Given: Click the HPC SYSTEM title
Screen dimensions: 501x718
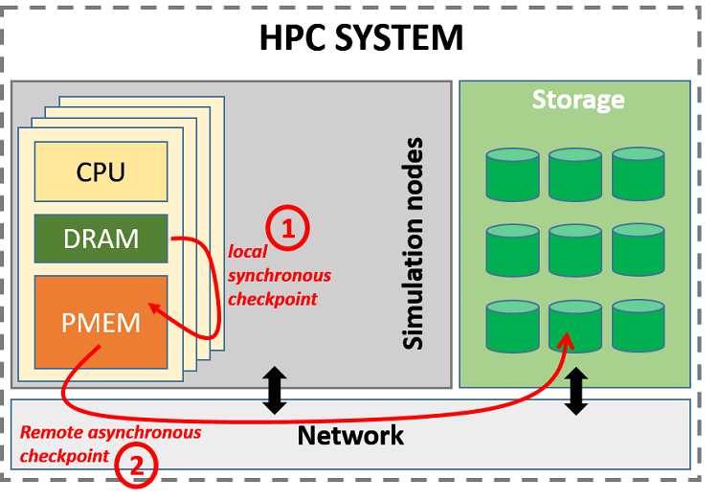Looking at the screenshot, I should tap(361, 38).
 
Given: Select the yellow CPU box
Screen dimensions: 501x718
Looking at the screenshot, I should tap(101, 173).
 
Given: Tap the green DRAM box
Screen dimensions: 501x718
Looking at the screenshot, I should tap(101, 239).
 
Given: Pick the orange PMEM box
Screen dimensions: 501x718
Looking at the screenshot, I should tap(101, 322).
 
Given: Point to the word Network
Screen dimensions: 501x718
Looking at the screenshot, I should tap(350, 436).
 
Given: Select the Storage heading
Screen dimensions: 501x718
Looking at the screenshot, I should tap(577, 100).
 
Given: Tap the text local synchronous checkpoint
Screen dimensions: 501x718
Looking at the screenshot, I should tap(279, 276).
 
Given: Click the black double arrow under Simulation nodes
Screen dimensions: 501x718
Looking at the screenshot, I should tap(275, 391).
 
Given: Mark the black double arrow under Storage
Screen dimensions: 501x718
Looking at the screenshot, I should tap(576, 391).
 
